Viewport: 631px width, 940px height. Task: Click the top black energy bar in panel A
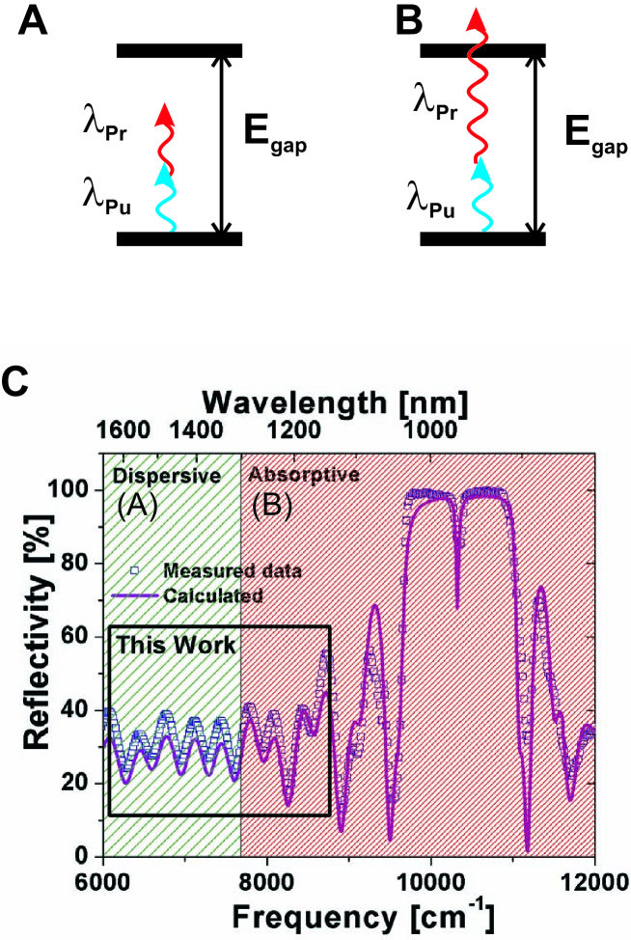click(x=178, y=49)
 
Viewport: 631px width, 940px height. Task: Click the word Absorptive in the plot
click(x=304, y=475)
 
